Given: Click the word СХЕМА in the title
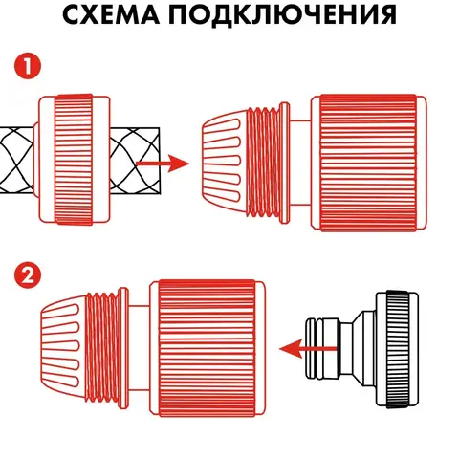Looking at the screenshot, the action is (111, 15).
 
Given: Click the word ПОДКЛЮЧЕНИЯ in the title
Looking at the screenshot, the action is (282, 15).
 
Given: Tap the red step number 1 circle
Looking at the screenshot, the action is (28, 67).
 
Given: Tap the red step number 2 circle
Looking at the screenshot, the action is (28, 275).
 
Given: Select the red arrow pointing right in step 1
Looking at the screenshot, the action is (163, 164).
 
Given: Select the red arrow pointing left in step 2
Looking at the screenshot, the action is (308, 348).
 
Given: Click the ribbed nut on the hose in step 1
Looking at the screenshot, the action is (74, 159).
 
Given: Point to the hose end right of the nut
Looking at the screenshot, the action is (135, 161).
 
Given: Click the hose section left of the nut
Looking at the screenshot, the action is (17, 160).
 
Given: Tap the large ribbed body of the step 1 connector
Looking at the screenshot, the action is (368, 163).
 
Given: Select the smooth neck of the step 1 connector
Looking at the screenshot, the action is (300, 163).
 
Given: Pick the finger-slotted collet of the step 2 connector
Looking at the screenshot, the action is (63, 347).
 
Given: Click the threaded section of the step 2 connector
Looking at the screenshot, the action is (103, 347).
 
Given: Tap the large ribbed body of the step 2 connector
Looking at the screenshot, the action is (208, 347).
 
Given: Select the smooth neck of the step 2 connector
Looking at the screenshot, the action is (139, 347).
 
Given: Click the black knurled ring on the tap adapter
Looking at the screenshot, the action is (397, 349).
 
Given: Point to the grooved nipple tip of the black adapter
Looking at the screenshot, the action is (315, 348).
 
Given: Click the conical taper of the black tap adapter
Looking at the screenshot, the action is (358, 348).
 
